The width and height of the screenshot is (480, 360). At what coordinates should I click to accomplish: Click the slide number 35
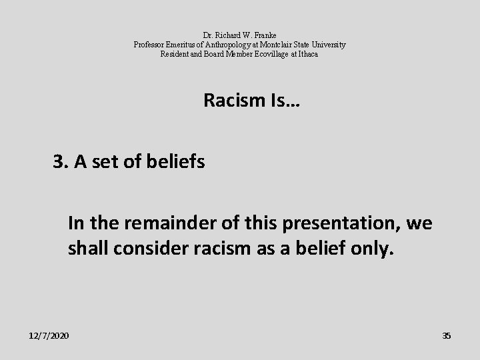tap(447, 335)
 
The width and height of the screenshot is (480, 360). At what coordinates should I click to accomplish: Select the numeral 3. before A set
tap(61, 162)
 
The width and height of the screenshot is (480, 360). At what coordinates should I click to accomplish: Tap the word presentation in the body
tap(347, 224)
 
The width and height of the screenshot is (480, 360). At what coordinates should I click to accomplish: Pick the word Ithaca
tap(307, 54)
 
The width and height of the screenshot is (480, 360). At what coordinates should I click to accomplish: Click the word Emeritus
tap(179, 45)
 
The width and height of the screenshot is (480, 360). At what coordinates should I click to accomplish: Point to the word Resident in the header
tap(175, 54)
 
